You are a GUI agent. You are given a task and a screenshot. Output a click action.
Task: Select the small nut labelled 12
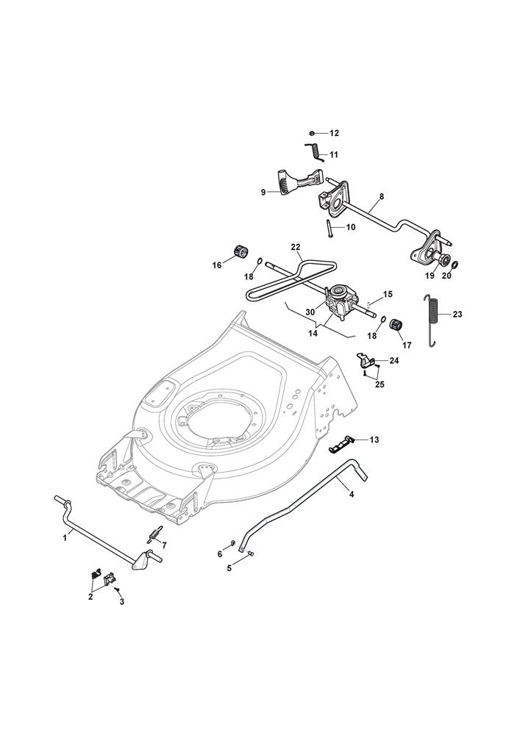coord(312,133)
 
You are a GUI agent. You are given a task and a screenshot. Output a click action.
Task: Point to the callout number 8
coord(382,197)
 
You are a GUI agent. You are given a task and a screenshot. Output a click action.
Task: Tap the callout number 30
coord(310,312)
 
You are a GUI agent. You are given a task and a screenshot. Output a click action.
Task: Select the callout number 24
coord(394,361)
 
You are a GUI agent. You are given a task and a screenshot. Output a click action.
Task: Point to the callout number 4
coord(352,495)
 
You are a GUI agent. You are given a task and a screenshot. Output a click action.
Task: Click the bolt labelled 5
coord(250,554)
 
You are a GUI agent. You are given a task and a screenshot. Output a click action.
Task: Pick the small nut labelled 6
coord(232,544)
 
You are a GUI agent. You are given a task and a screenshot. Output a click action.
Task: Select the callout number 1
coord(65,538)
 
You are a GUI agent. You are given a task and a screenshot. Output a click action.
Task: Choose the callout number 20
coord(446,276)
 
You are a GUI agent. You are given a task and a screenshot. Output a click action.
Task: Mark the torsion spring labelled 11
coord(314,151)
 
